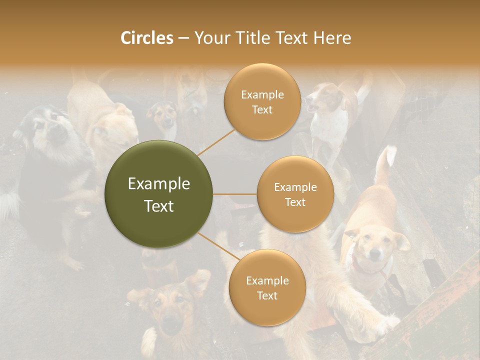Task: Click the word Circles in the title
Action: [146, 38]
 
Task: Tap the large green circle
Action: [158, 194]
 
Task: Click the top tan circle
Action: [262, 102]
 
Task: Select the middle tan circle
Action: [295, 194]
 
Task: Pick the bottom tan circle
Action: [267, 287]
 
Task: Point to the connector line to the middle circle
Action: [234, 194]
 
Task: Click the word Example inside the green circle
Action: [158, 184]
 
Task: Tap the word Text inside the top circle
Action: [262, 110]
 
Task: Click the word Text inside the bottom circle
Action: [267, 295]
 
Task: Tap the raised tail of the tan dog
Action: [385, 165]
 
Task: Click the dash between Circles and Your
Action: [183, 38]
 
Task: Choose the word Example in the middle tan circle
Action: [295, 187]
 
